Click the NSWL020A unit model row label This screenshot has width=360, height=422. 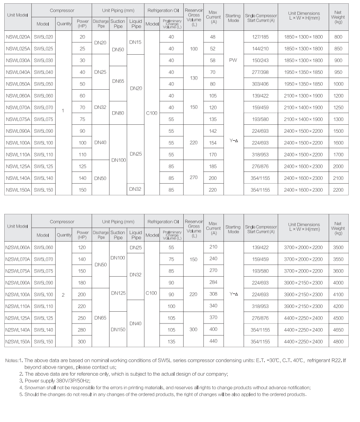(18, 37)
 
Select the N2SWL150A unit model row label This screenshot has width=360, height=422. (18, 342)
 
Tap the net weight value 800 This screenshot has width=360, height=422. (338, 37)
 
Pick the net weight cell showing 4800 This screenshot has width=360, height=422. (338, 342)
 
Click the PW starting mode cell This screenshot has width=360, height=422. (233, 60)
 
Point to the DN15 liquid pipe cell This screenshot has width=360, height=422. (136, 43)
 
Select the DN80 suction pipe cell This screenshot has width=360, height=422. (118, 113)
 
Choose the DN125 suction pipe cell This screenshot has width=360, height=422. (118, 293)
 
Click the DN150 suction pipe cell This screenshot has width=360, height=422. (118, 329)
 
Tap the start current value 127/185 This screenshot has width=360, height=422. (260, 37)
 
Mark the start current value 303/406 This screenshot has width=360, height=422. (260, 84)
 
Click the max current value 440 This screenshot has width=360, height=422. (214, 342)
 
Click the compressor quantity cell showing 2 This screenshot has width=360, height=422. (63, 294)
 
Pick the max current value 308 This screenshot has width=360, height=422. (214, 294)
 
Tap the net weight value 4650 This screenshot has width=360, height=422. (338, 329)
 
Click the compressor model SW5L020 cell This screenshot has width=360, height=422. (43, 37)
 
